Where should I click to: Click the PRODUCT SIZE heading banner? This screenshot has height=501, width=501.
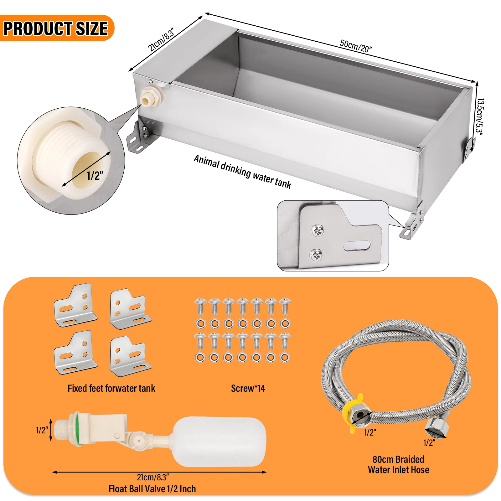[x=56, y=28]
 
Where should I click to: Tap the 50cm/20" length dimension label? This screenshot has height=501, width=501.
[x=356, y=46]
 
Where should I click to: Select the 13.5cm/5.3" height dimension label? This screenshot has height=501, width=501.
[x=479, y=117]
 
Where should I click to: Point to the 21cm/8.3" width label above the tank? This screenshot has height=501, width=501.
[x=161, y=39]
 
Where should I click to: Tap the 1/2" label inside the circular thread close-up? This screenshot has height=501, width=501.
[x=95, y=176]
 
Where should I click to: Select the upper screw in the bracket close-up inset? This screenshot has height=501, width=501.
[x=318, y=232]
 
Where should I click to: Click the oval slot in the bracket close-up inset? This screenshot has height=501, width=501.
[x=357, y=246]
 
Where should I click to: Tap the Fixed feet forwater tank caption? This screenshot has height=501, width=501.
[x=111, y=388]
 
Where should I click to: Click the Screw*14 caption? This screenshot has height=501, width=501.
[x=248, y=388]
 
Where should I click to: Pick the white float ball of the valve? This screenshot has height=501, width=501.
[x=219, y=442]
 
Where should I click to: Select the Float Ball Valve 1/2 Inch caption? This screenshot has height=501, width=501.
[x=152, y=489]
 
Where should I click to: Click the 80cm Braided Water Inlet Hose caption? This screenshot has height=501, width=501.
[x=398, y=464]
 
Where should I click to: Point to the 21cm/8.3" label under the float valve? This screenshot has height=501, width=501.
[x=153, y=477]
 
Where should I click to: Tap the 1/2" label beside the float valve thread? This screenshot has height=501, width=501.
[x=42, y=430]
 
